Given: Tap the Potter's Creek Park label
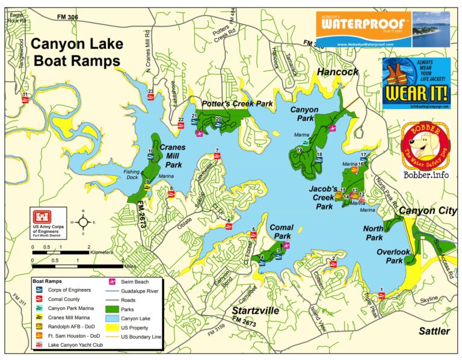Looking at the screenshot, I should [x=237, y=104].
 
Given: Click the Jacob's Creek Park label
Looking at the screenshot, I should [x=324, y=197].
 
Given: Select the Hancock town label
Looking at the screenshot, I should [x=337, y=72].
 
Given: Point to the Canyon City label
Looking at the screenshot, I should [x=428, y=211].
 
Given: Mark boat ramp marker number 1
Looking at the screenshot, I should [x=381, y=295].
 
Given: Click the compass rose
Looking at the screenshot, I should [x=83, y=221].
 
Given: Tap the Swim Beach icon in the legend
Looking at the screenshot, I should [x=112, y=281].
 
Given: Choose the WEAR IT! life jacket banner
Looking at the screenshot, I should [x=416, y=84].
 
